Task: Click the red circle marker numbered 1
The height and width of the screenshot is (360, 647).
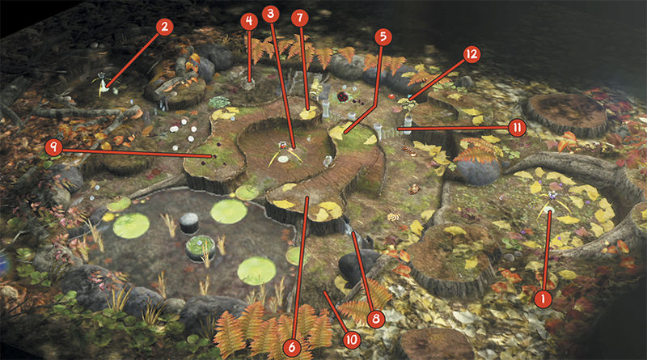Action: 543,299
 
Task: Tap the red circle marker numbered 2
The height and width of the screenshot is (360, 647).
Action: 165,27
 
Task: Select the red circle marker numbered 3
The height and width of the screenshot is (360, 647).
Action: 270,14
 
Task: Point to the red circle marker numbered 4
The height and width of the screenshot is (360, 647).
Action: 249,21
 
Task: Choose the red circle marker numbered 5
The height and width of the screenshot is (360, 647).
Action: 383,36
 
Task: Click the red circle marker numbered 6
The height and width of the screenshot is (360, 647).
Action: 292,348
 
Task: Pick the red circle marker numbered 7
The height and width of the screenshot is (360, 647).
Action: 300,18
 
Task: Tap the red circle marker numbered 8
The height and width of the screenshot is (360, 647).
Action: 375,319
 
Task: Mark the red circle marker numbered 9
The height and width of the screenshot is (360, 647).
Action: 53,147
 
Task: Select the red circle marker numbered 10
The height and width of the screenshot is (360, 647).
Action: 352,341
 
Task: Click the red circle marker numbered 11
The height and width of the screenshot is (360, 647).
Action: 518,128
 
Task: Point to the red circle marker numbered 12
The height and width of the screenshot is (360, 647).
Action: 472,54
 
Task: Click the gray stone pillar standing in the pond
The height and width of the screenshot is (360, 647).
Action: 189,223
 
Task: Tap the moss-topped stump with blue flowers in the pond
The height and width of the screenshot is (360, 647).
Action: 201,248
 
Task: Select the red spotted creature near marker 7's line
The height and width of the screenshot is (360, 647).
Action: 343,97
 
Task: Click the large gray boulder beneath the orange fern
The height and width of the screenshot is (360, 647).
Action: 479,171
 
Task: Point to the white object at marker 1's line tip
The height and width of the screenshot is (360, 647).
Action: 549,210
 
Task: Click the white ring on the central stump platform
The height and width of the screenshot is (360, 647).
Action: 284,159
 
